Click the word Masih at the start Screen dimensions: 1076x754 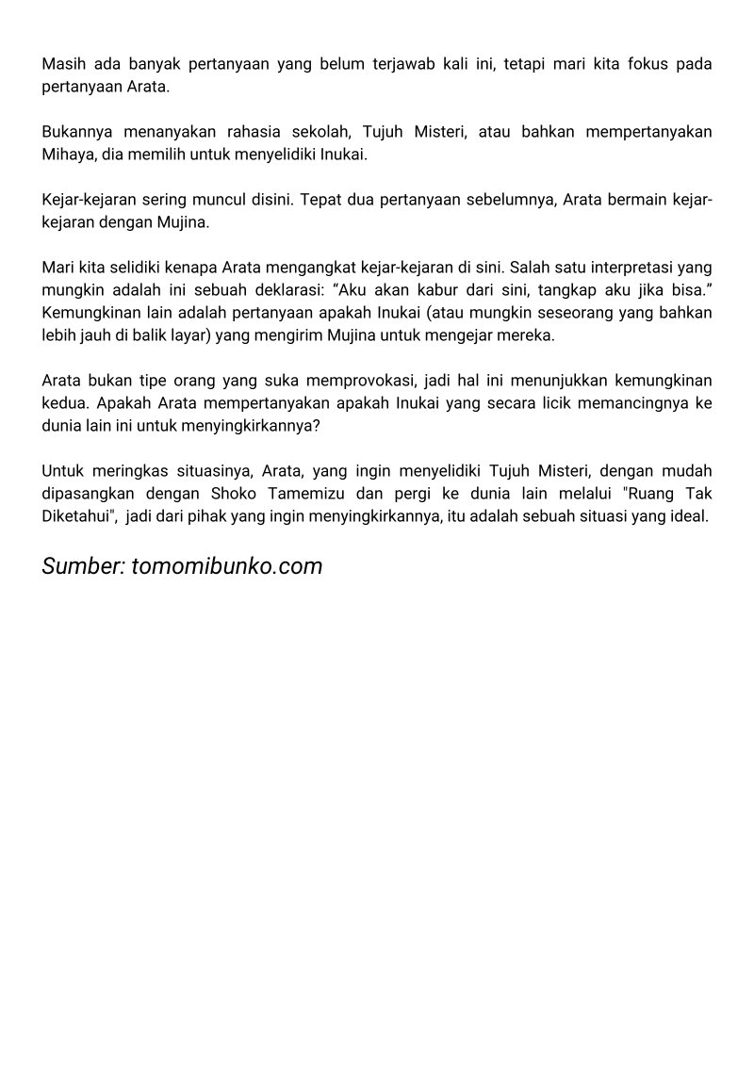pyautogui.click(x=62, y=64)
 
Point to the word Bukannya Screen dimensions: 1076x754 pyautogui.click(x=76, y=131)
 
